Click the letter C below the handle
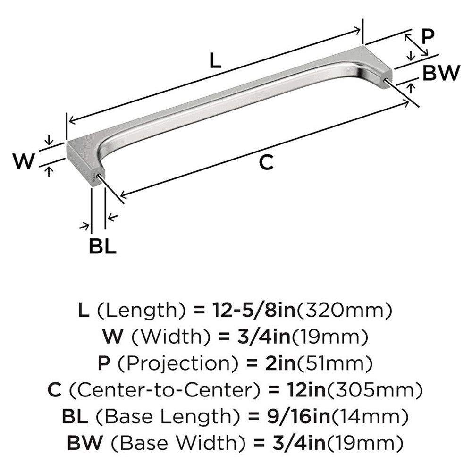[x=267, y=162]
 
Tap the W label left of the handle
[x=24, y=162]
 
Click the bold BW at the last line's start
[x=84, y=443]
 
